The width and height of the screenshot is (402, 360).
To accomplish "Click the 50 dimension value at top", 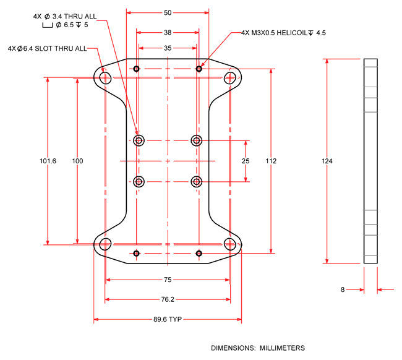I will point(168,12).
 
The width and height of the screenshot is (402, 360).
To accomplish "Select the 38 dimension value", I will point(168,32).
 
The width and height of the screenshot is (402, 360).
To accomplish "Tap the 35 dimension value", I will point(168,48).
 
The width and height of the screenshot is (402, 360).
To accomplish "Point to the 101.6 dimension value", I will point(48,161).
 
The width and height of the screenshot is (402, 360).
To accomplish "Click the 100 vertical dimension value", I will point(77,161).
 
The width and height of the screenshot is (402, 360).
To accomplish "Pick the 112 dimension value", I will point(271,161).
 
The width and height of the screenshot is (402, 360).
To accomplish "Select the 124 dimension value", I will point(327,161).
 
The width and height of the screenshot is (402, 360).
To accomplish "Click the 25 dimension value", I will point(246,161).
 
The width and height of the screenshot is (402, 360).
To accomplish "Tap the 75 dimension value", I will point(168,280).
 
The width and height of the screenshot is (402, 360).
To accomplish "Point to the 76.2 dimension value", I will point(168,300).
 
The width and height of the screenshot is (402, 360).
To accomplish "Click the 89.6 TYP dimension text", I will point(168,320).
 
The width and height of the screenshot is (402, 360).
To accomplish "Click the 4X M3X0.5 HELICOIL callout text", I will point(283,32).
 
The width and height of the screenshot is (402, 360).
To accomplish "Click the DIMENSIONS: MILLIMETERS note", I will point(258,348).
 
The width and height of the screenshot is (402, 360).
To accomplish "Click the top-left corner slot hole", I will point(105,77).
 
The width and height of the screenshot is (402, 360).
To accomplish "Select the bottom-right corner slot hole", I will point(231,243).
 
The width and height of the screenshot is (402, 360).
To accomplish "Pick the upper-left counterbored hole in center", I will point(138,140).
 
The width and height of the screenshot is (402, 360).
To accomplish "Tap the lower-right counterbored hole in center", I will point(197,181).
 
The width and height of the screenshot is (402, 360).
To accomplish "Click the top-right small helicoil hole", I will point(199,68).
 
